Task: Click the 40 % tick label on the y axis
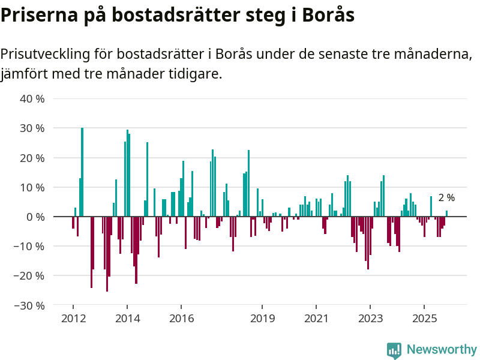tap(32, 98)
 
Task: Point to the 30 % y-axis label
tap(32, 128)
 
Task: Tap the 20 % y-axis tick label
tap(32, 158)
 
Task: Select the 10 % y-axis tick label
tap(32, 187)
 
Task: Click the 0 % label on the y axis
tap(35, 217)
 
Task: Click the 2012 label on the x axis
tap(73, 318)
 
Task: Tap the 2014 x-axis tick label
tap(127, 318)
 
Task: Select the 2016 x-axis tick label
tap(182, 318)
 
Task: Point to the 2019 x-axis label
tap(262, 318)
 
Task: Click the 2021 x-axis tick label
tap(316, 318)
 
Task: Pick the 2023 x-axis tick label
tap(370, 318)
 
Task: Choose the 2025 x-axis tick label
tap(424, 318)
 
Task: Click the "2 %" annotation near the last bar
tap(446, 197)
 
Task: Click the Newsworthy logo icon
tap(394, 350)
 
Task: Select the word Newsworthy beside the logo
tap(442, 349)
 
